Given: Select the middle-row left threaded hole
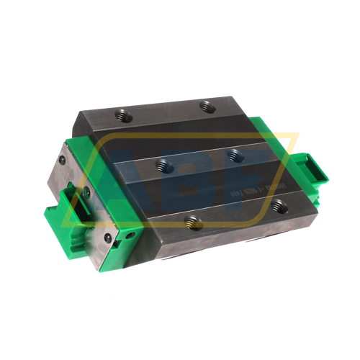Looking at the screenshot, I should pos(163,165).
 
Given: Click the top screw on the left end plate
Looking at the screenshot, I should pos(63,159).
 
